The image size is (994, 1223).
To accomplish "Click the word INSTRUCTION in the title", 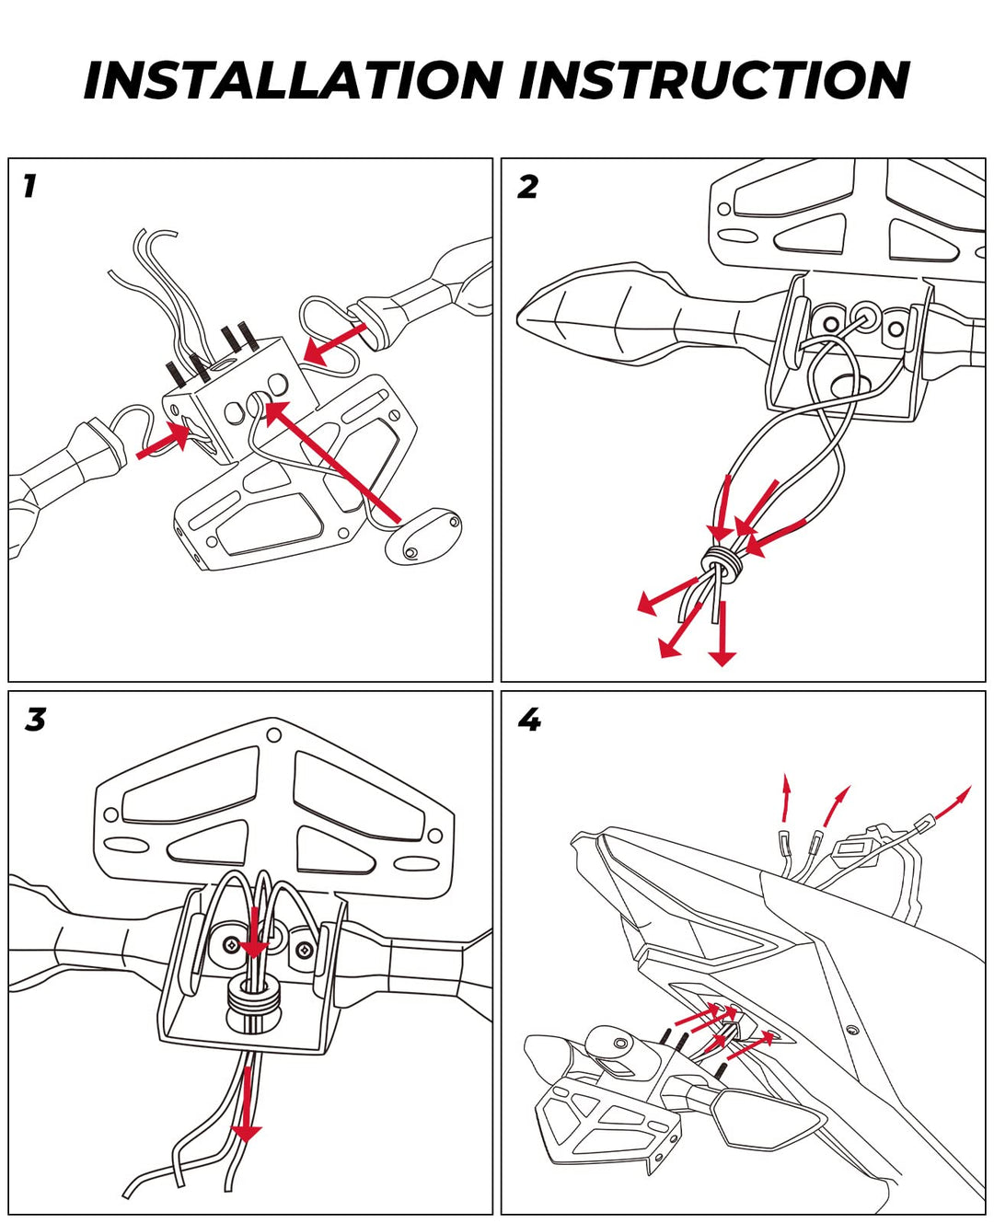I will click(x=714, y=81).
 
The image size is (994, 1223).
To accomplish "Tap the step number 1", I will click(x=29, y=186).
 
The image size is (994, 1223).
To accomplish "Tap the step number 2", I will click(x=527, y=187).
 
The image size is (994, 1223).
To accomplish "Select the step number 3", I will click(x=35, y=720).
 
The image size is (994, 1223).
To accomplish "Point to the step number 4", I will click(x=529, y=720).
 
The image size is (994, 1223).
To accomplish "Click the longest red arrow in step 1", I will click(x=331, y=460).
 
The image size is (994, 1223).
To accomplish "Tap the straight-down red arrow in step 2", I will click(x=722, y=635).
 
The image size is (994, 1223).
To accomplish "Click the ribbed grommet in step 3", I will click(x=252, y=1000).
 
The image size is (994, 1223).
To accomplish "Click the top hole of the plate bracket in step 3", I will click(x=273, y=735).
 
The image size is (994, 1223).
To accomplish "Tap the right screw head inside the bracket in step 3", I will click(x=303, y=949).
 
